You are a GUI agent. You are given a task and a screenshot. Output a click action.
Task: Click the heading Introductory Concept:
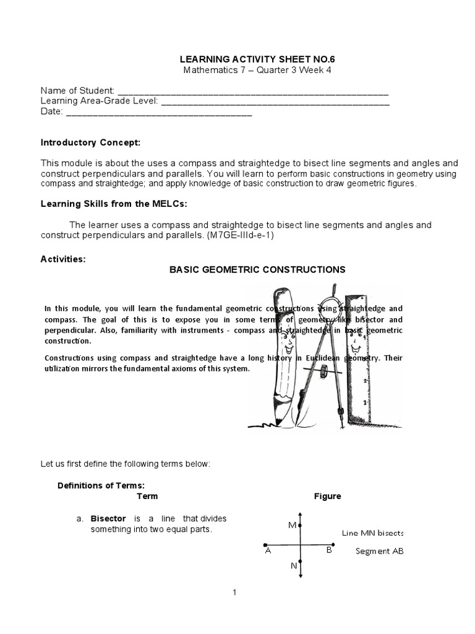pyautogui.click(x=91, y=142)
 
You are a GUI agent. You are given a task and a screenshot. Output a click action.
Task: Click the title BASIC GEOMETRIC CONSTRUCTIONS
pyautogui.click(x=257, y=269)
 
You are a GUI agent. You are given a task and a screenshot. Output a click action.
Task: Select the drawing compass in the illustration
pyautogui.click(x=322, y=359)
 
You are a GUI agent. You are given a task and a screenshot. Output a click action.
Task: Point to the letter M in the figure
pyautogui.click(x=292, y=525)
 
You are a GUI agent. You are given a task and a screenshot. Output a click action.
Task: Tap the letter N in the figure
pyautogui.click(x=293, y=565)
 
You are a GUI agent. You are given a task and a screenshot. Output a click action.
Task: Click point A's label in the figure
pyautogui.click(x=268, y=550)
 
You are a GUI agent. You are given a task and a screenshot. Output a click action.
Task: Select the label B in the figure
pyautogui.click(x=329, y=550)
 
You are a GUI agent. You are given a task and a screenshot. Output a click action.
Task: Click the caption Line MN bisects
pyautogui.click(x=372, y=532)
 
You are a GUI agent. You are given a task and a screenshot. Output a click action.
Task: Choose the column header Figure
pyautogui.click(x=327, y=496)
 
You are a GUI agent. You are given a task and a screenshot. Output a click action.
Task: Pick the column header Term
pyautogui.click(x=147, y=496)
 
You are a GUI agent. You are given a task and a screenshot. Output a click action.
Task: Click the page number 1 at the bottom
pyautogui.click(x=235, y=593)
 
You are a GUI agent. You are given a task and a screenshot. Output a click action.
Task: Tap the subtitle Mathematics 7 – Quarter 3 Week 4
pyautogui.click(x=257, y=69)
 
